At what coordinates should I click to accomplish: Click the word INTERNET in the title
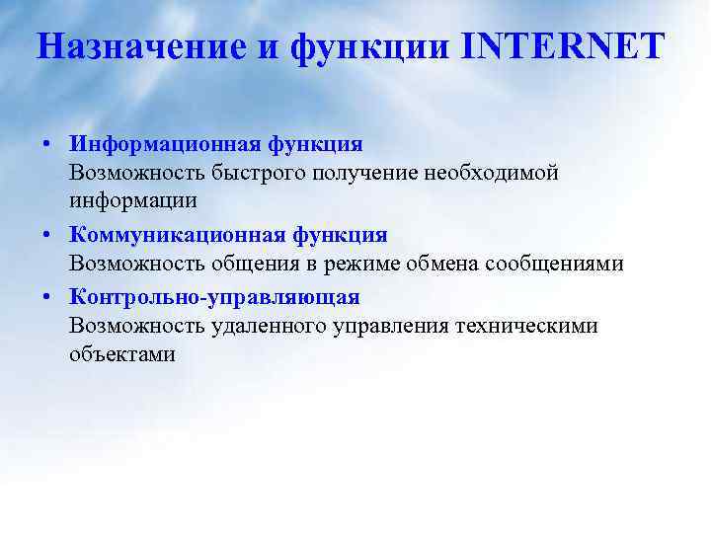563,45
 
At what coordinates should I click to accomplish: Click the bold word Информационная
163,144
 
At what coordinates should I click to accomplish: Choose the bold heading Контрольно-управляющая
214,296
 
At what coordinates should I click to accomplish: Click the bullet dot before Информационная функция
47,145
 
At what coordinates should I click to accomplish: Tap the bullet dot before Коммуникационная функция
47,236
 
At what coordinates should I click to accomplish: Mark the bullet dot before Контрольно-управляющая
47,297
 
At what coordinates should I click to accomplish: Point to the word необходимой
490,173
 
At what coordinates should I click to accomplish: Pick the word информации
133,200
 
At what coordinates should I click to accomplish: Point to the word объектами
122,353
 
